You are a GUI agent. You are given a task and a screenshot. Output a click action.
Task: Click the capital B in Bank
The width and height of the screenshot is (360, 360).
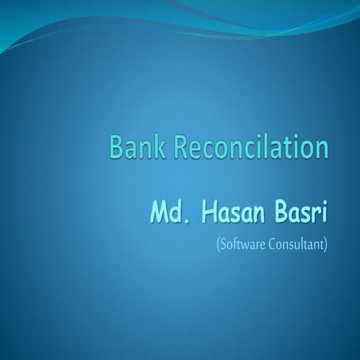[116, 147]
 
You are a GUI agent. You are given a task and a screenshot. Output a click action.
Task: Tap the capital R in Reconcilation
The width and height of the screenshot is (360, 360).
[181, 147]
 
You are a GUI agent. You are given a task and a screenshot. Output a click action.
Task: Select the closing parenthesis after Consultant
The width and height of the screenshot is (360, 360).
[326, 245]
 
